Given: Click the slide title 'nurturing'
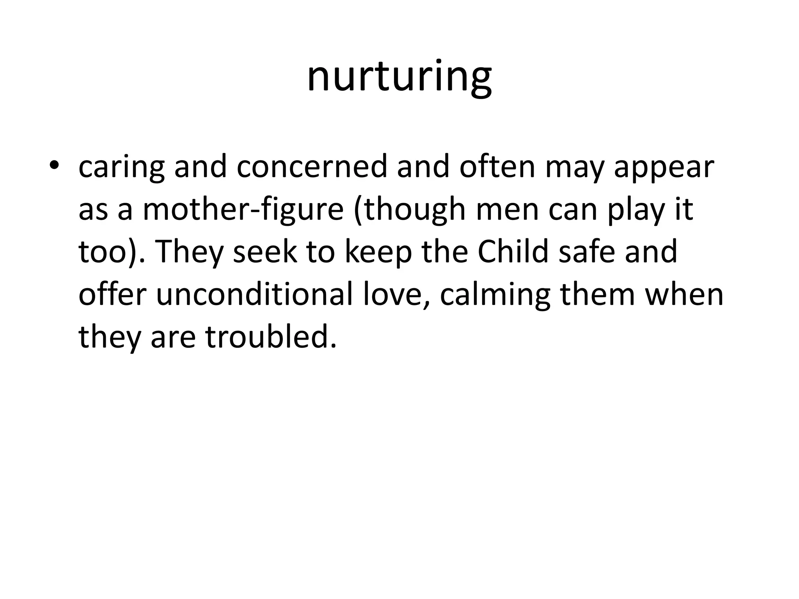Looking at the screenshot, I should click(399, 77).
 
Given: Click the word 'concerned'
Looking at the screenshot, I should click(312, 166).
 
